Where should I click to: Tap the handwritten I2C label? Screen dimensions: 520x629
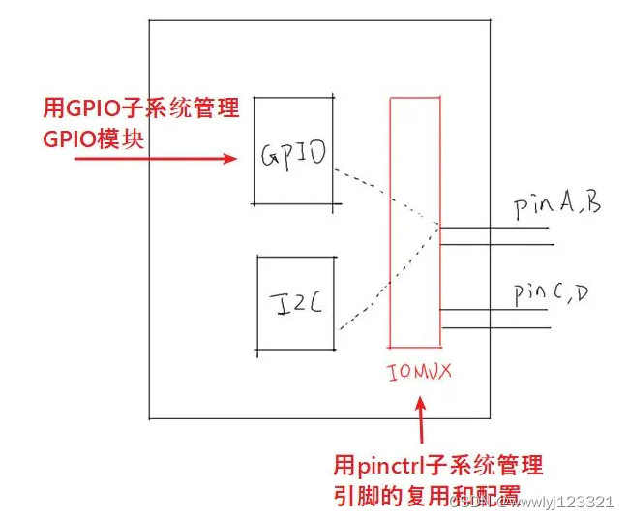point(295,302)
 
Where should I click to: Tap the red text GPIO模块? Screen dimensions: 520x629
point(95,138)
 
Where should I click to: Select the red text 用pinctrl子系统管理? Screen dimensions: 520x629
point(438,466)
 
